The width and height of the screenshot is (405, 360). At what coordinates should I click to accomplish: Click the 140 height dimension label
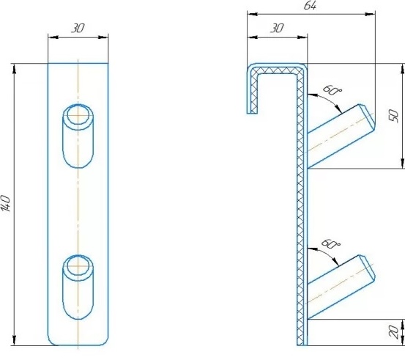coord(6,204)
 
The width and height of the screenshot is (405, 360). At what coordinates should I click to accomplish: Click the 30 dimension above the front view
coord(78,28)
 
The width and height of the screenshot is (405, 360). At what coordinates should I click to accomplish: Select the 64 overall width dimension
coord(310,5)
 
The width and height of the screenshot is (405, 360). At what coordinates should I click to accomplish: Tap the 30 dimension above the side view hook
coord(277,28)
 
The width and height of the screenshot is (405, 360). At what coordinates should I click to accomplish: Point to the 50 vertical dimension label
coord(393,116)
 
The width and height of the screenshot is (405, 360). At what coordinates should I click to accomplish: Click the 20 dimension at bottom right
coord(393,332)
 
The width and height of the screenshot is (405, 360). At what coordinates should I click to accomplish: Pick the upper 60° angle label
coord(332,90)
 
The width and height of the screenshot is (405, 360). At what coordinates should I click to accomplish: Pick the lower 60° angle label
coord(330,243)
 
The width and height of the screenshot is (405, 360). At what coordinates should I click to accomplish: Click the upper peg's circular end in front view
coord(78,115)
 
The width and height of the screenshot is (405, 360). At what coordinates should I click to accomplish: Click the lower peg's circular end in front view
coord(78,266)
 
